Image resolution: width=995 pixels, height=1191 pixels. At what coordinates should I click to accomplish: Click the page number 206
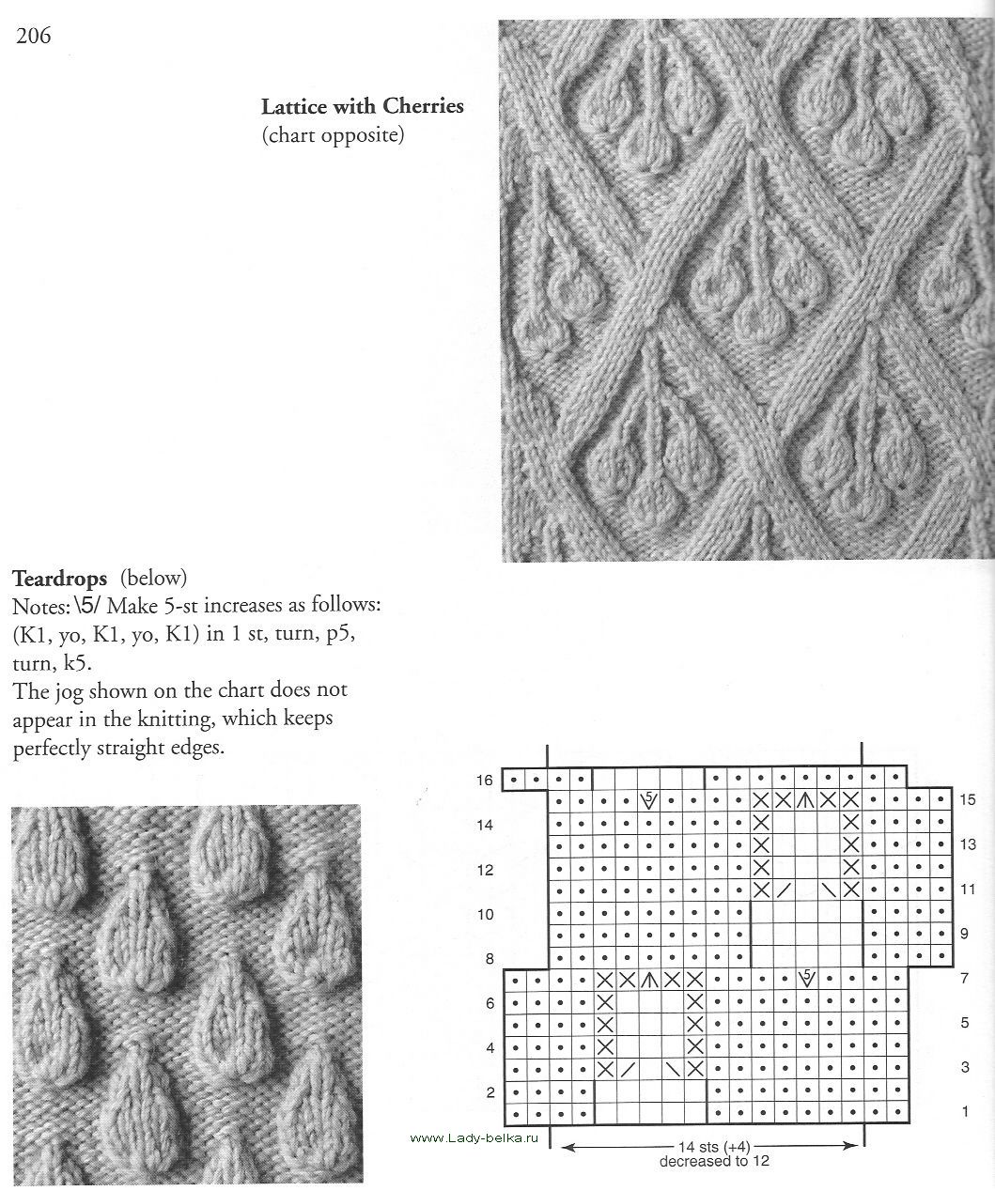33,37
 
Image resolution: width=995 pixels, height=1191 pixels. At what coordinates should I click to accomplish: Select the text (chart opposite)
333,136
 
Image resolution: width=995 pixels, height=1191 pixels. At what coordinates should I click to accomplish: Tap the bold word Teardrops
60,576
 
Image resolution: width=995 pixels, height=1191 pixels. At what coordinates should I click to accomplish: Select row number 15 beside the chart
968,800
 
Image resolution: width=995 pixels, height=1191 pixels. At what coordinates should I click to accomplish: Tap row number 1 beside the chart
964,1112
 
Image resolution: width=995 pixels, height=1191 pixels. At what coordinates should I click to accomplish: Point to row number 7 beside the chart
964,979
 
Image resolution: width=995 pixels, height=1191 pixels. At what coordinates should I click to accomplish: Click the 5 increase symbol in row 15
648,799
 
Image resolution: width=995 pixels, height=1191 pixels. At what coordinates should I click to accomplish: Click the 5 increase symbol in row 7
806,978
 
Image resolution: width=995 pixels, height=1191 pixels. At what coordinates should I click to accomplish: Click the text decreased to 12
711,1161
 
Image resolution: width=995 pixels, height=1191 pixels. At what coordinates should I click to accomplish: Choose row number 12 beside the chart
485,870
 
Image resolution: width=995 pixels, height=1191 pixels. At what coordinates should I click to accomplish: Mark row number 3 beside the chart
964,1068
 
